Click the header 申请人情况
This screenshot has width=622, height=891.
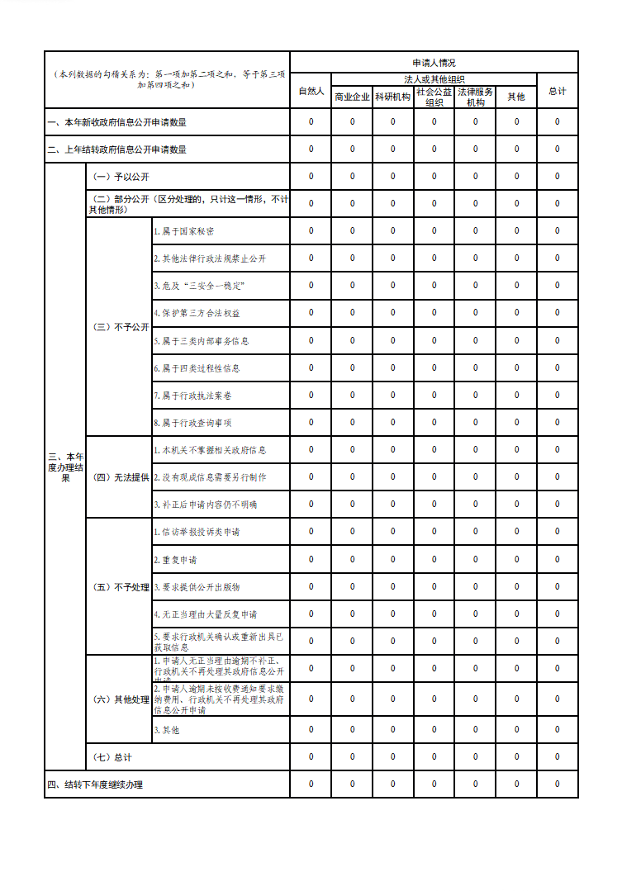pyautogui.click(x=434, y=63)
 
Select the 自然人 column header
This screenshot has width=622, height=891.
pyautogui.click(x=311, y=91)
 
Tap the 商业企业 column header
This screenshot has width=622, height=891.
pyautogui.click(x=352, y=97)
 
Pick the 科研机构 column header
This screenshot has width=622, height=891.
pyautogui.click(x=392, y=97)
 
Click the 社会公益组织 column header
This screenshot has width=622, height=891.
pyautogui.click(x=434, y=97)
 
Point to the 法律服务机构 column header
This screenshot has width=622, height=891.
pyautogui.click(x=475, y=97)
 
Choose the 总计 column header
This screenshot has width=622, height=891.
pyautogui.click(x=558, y=91)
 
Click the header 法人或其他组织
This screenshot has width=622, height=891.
pyautogui.click(x=434, y=79)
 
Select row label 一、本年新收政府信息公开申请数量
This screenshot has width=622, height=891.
pyautogui.click(x=116, y=122)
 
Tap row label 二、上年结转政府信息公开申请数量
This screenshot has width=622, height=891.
pyautogui.click(x=116, y=149)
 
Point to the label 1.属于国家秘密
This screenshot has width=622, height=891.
pyautogui.click(x=184, y=231)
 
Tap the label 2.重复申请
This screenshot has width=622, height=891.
pyautogui.click(x=175, y=560)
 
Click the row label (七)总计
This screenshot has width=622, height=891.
pyautogui.click(x=112, y=757)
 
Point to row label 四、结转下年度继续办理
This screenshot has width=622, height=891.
pyautogui.click(x=96, y=784)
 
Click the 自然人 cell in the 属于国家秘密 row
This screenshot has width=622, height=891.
pyautogui.click(x=311, y=231)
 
